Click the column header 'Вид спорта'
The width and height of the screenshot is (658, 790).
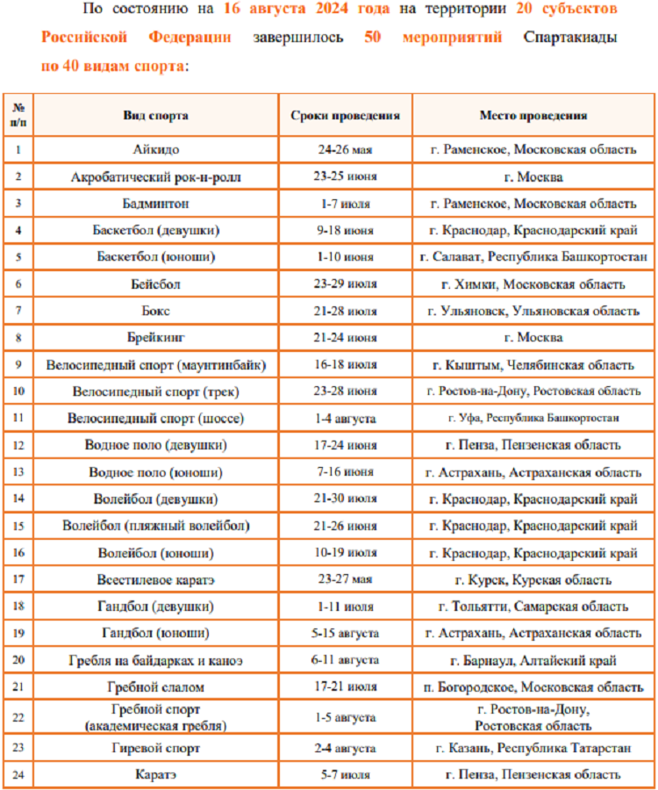point(155,115)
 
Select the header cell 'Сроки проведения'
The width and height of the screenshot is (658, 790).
point(346,115)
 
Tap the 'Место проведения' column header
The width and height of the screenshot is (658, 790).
point(533,115)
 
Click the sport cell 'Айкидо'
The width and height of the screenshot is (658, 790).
point(155,149)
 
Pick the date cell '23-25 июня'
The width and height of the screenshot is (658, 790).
point(346,176)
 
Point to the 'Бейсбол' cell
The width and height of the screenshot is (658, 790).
point(155,284)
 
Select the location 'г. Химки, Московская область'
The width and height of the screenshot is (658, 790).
point(533,284)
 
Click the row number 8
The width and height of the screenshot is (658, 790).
point(18,337)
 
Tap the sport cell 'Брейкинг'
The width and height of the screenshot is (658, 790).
point(155,337)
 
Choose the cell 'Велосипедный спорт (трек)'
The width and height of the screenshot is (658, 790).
point(155,391)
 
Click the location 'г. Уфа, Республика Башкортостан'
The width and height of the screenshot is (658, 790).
point(533,419)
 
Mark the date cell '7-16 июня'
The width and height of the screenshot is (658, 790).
point(346,472)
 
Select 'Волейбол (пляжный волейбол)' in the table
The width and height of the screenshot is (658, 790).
point(155,527)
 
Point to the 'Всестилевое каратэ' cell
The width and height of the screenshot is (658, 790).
point(155,580)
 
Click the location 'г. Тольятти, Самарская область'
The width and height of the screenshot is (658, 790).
point(533,607)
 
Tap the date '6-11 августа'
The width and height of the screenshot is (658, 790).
point(346,660)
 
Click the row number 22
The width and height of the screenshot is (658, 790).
point(18,717)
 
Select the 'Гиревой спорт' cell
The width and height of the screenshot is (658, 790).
point(155,748)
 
